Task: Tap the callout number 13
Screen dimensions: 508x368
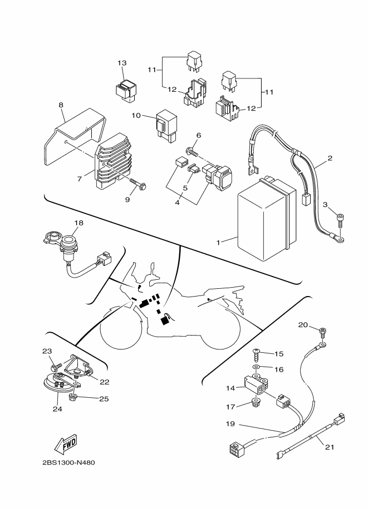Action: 122,63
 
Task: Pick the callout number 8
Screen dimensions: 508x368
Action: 61,105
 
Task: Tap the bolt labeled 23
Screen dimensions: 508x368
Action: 53,368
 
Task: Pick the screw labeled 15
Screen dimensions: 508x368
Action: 256,354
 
